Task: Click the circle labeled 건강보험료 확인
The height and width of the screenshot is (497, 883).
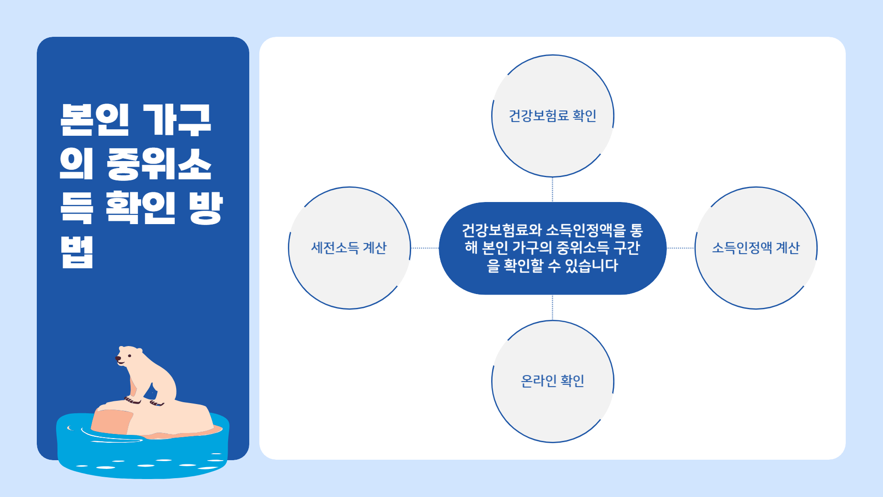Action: (552, 116)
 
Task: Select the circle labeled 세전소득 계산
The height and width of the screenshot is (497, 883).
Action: (349, 248)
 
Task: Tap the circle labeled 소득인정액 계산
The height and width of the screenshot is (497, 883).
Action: (756, 248)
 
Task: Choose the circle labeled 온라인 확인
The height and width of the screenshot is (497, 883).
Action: (552, 381)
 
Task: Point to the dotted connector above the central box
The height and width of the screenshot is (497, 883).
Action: (552, 190)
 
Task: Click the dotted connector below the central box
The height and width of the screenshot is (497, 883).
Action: (552, 307)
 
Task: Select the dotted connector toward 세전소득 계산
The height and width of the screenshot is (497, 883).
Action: (425, 248)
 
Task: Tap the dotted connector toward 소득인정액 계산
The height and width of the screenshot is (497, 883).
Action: (681, 248)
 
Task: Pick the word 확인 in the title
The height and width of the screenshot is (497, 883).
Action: (140, 208)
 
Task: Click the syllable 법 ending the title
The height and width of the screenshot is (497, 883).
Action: (77, 252)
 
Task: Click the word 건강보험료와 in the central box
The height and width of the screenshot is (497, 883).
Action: (502, 230)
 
